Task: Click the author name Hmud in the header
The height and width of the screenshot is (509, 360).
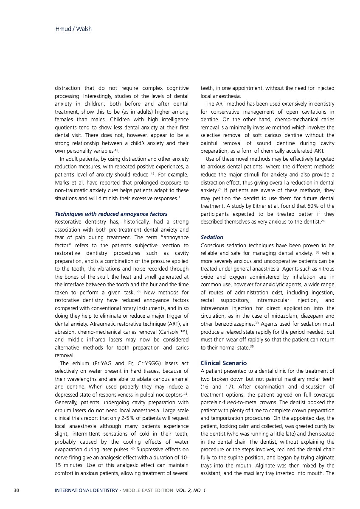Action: [62, 29]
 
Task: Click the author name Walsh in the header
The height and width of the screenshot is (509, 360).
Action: [84, 29]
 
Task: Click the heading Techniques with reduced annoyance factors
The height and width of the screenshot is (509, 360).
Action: [111, 214]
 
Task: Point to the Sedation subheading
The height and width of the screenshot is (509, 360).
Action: [212, 238]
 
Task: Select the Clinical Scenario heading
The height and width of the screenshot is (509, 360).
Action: [223, 363]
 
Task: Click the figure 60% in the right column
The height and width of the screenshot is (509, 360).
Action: [313, 206]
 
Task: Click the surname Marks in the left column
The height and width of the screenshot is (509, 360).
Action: [63, 182]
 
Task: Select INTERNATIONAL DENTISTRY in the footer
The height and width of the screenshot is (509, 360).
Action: [86, 491]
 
